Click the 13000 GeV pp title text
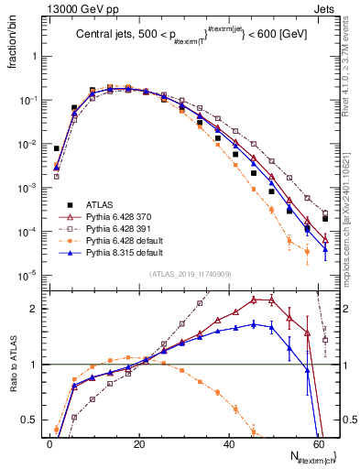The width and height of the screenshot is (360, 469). click(x=69, y=8)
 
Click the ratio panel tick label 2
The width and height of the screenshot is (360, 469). click(x=34, y=309)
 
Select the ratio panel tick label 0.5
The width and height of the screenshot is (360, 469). click(x=30, y=420)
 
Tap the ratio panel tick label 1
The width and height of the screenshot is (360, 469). click(x=34, y=365)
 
